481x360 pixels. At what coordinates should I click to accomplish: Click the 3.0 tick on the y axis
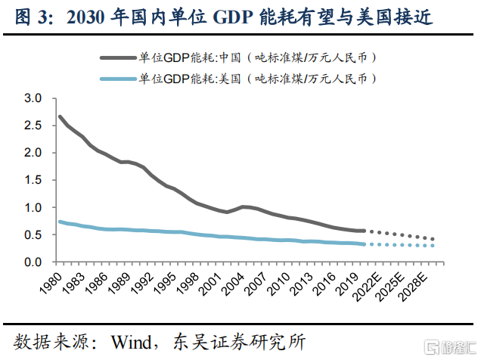33,98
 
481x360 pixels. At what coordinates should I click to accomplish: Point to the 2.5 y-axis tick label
33,126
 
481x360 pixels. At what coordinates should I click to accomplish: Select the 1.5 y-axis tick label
33,180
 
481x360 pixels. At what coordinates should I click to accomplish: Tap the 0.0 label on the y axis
33,262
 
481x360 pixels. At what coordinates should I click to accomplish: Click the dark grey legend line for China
116,57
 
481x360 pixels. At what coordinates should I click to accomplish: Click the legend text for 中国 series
257,57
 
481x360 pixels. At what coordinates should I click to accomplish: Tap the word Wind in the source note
134,342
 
